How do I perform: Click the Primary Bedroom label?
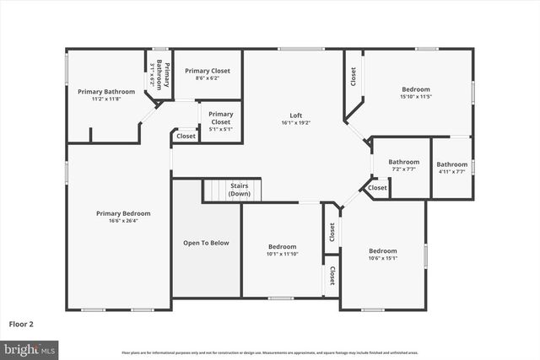[123, 213]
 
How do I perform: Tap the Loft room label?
[296, 115]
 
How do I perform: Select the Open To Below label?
[206, 243]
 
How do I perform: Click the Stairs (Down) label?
[239, 191]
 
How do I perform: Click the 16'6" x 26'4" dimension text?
[123, 221]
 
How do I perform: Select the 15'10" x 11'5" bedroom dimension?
[416, 97]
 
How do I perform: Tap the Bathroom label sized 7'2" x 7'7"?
[403, 162]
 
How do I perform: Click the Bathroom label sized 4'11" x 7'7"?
[452, 164]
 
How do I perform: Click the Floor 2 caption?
[22, 323]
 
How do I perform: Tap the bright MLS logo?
[30, 348]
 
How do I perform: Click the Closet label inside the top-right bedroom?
[353, 77]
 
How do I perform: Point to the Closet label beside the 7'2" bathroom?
[377, 188]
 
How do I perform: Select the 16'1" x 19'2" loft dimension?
[296, 122]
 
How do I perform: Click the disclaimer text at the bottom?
[270, 352]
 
